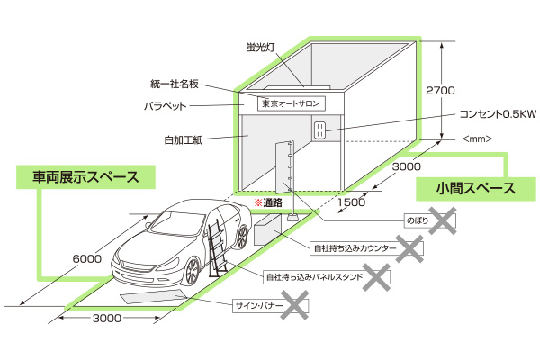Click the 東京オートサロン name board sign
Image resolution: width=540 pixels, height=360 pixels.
[290, 103]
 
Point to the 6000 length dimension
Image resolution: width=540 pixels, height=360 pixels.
[86, 259]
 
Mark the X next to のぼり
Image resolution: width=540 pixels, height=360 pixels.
[442, 219]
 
